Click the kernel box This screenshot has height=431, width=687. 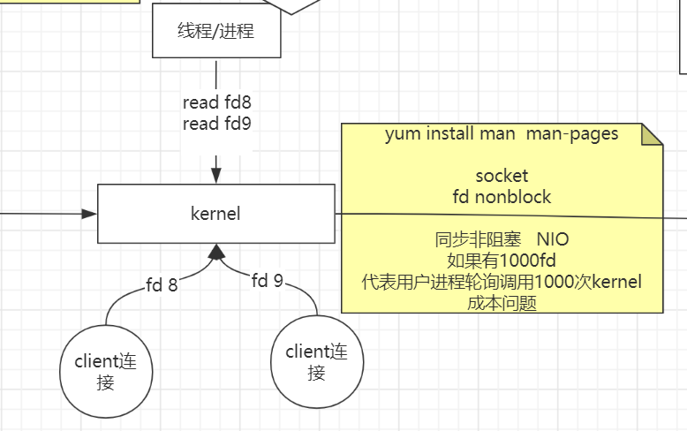tap(215, 214)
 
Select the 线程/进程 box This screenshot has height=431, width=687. tap(215, 32)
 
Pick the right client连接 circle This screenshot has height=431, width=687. tap(316, 362)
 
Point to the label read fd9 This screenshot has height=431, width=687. tap(216, 124)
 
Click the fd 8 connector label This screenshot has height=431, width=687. tap(162, 284)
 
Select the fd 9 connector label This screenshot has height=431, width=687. tap(267, 281)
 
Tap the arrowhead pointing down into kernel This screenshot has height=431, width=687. tap(215, 176)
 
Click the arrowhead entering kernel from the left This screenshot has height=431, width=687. tap(88, 214)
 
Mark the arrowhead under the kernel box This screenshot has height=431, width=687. tap(215, 252)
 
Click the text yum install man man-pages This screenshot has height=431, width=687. tap(501, 134)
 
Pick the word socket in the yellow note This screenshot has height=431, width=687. tap(502, 176)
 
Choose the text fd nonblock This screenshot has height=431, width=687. tap(502, 196)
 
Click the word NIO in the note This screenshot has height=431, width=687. tap(554, 240)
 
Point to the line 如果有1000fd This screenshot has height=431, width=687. tap(502, 261)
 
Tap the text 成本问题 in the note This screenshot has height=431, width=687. tap(502, 303)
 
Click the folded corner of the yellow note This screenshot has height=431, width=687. tap(652, 134)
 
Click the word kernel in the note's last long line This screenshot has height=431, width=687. tap(616, 282)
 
